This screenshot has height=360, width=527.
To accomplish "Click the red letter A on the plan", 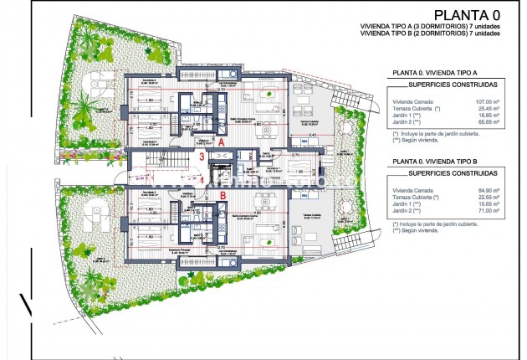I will point(221,143).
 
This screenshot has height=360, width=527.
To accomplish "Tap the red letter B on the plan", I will point(223,196).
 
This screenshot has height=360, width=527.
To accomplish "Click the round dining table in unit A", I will point(266,130).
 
